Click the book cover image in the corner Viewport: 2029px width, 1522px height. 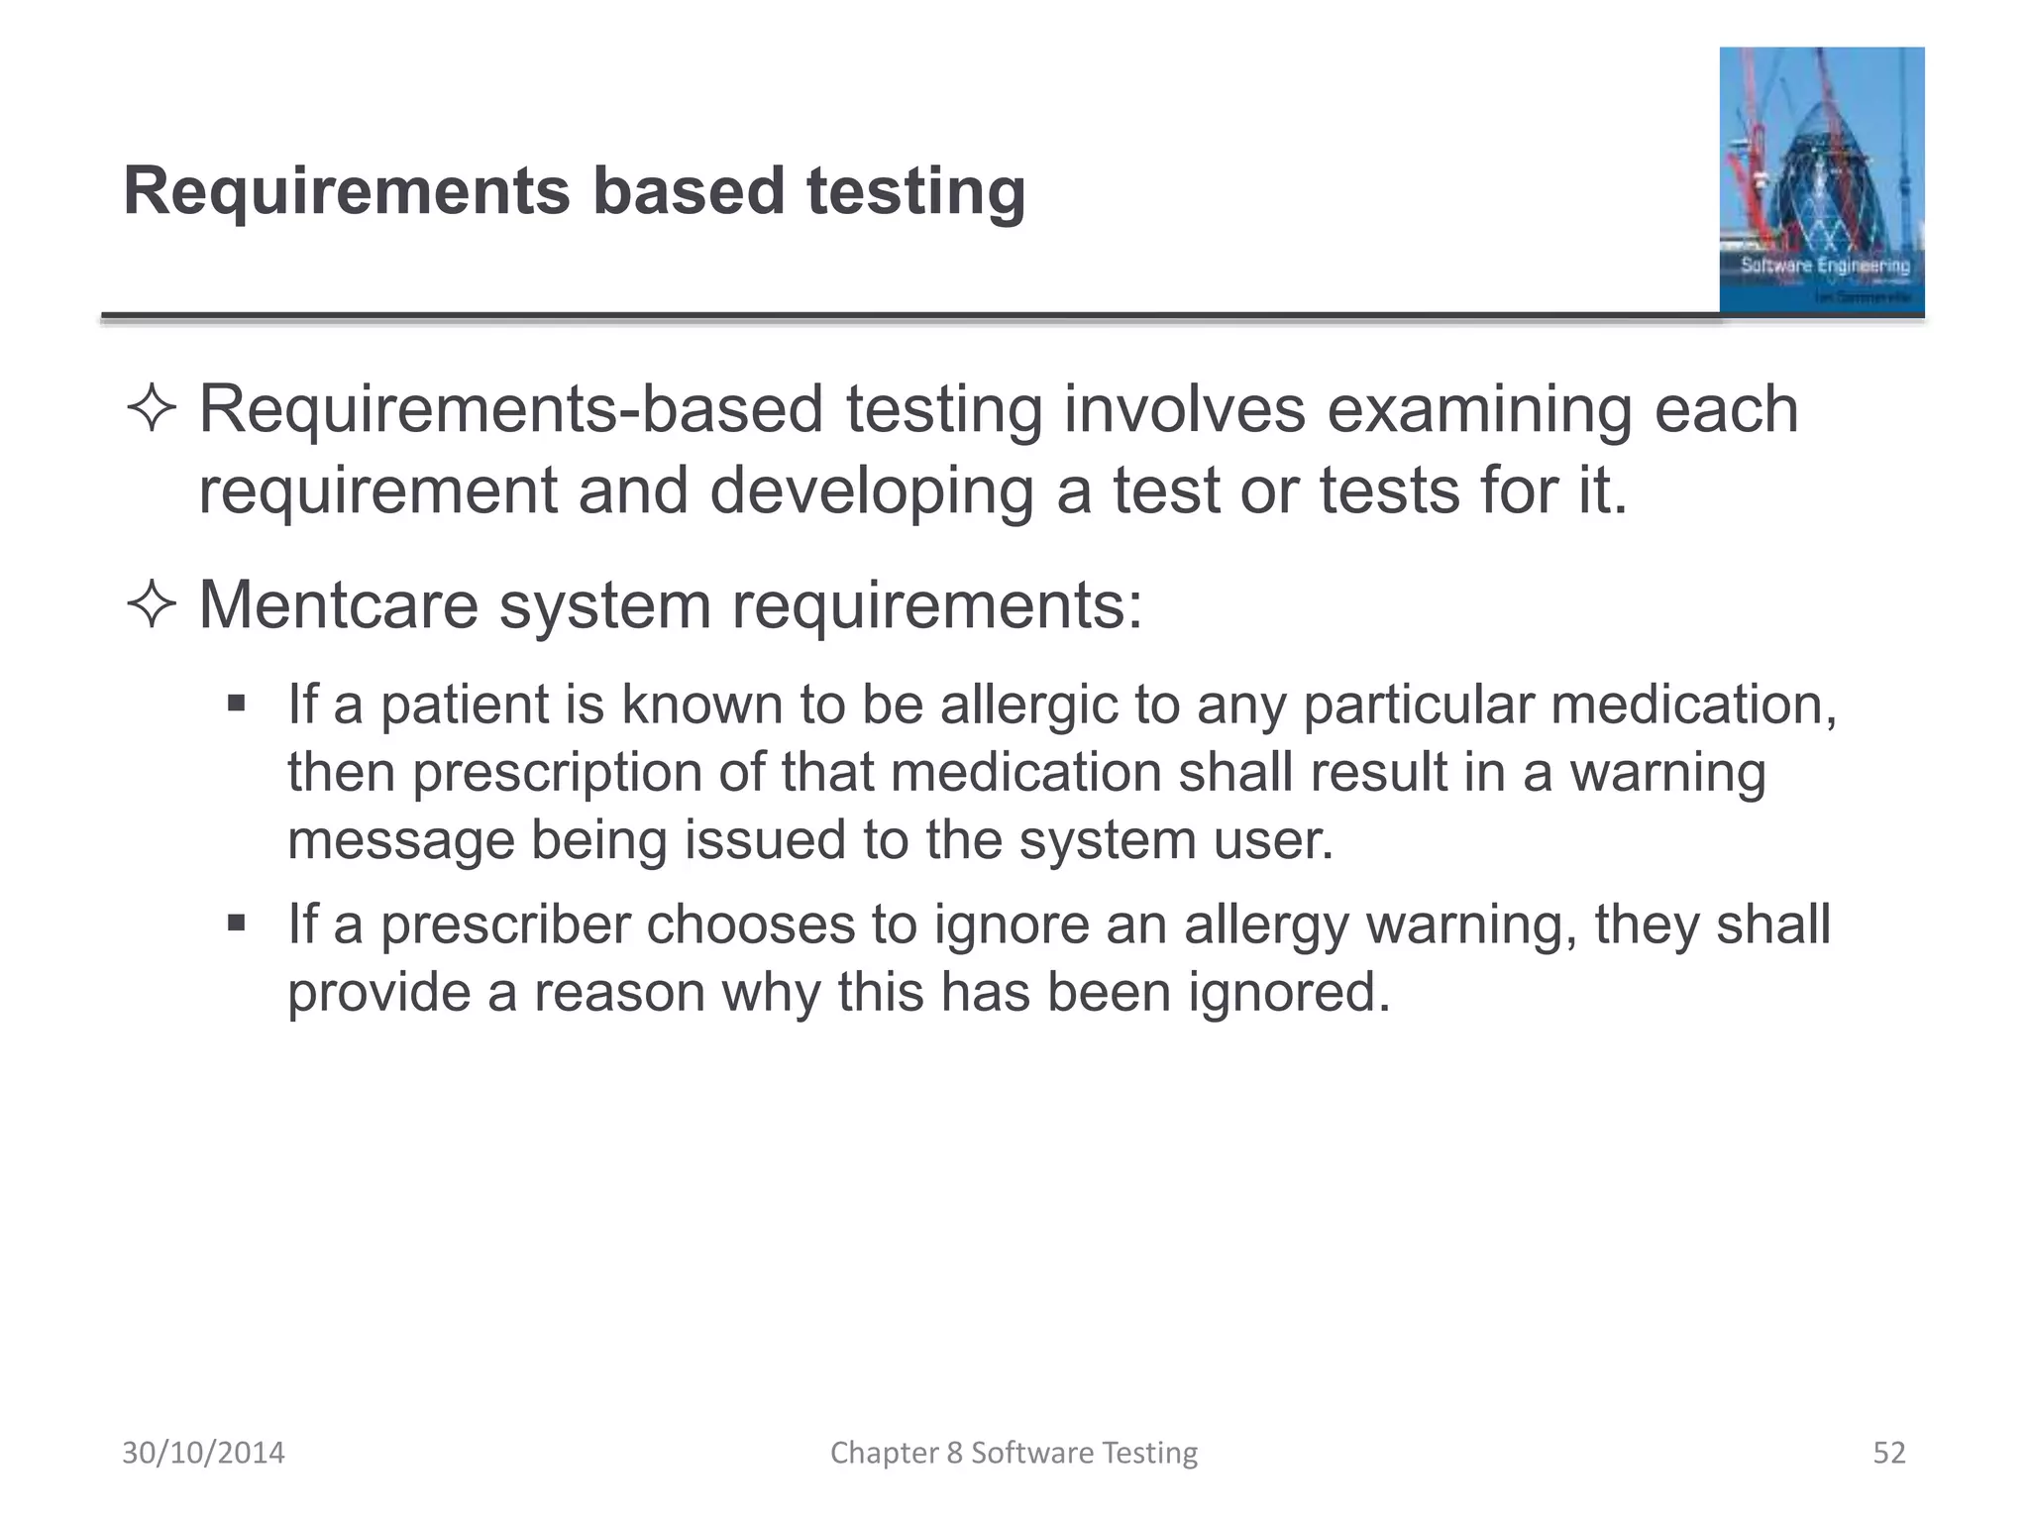pyautogui.click(x=1821, y=180)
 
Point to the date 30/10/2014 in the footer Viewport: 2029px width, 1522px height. pyautogui.click(x=203, y=1453)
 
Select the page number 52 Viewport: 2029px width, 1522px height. pyautogui.click(x=1889, y=1453)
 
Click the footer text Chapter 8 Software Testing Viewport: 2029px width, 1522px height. pyautogui.click(x=1014, y=1453)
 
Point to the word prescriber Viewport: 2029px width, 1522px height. pyautogui.click(x=505, y=924)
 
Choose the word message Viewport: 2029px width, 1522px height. pyautogui.click(x=400, y=840)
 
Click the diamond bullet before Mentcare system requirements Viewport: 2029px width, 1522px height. pyautogui.click(x=152, y=605)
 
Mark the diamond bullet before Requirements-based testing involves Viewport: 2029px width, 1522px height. pyautogui.click(x=152, y=410)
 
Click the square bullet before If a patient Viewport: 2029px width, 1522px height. pyautogui.click(x=236, y=705)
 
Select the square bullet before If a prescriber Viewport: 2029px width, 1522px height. pyautogui.click(x=236, y=924)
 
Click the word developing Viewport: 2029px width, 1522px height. pyautogui.click(x=872, y=490)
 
